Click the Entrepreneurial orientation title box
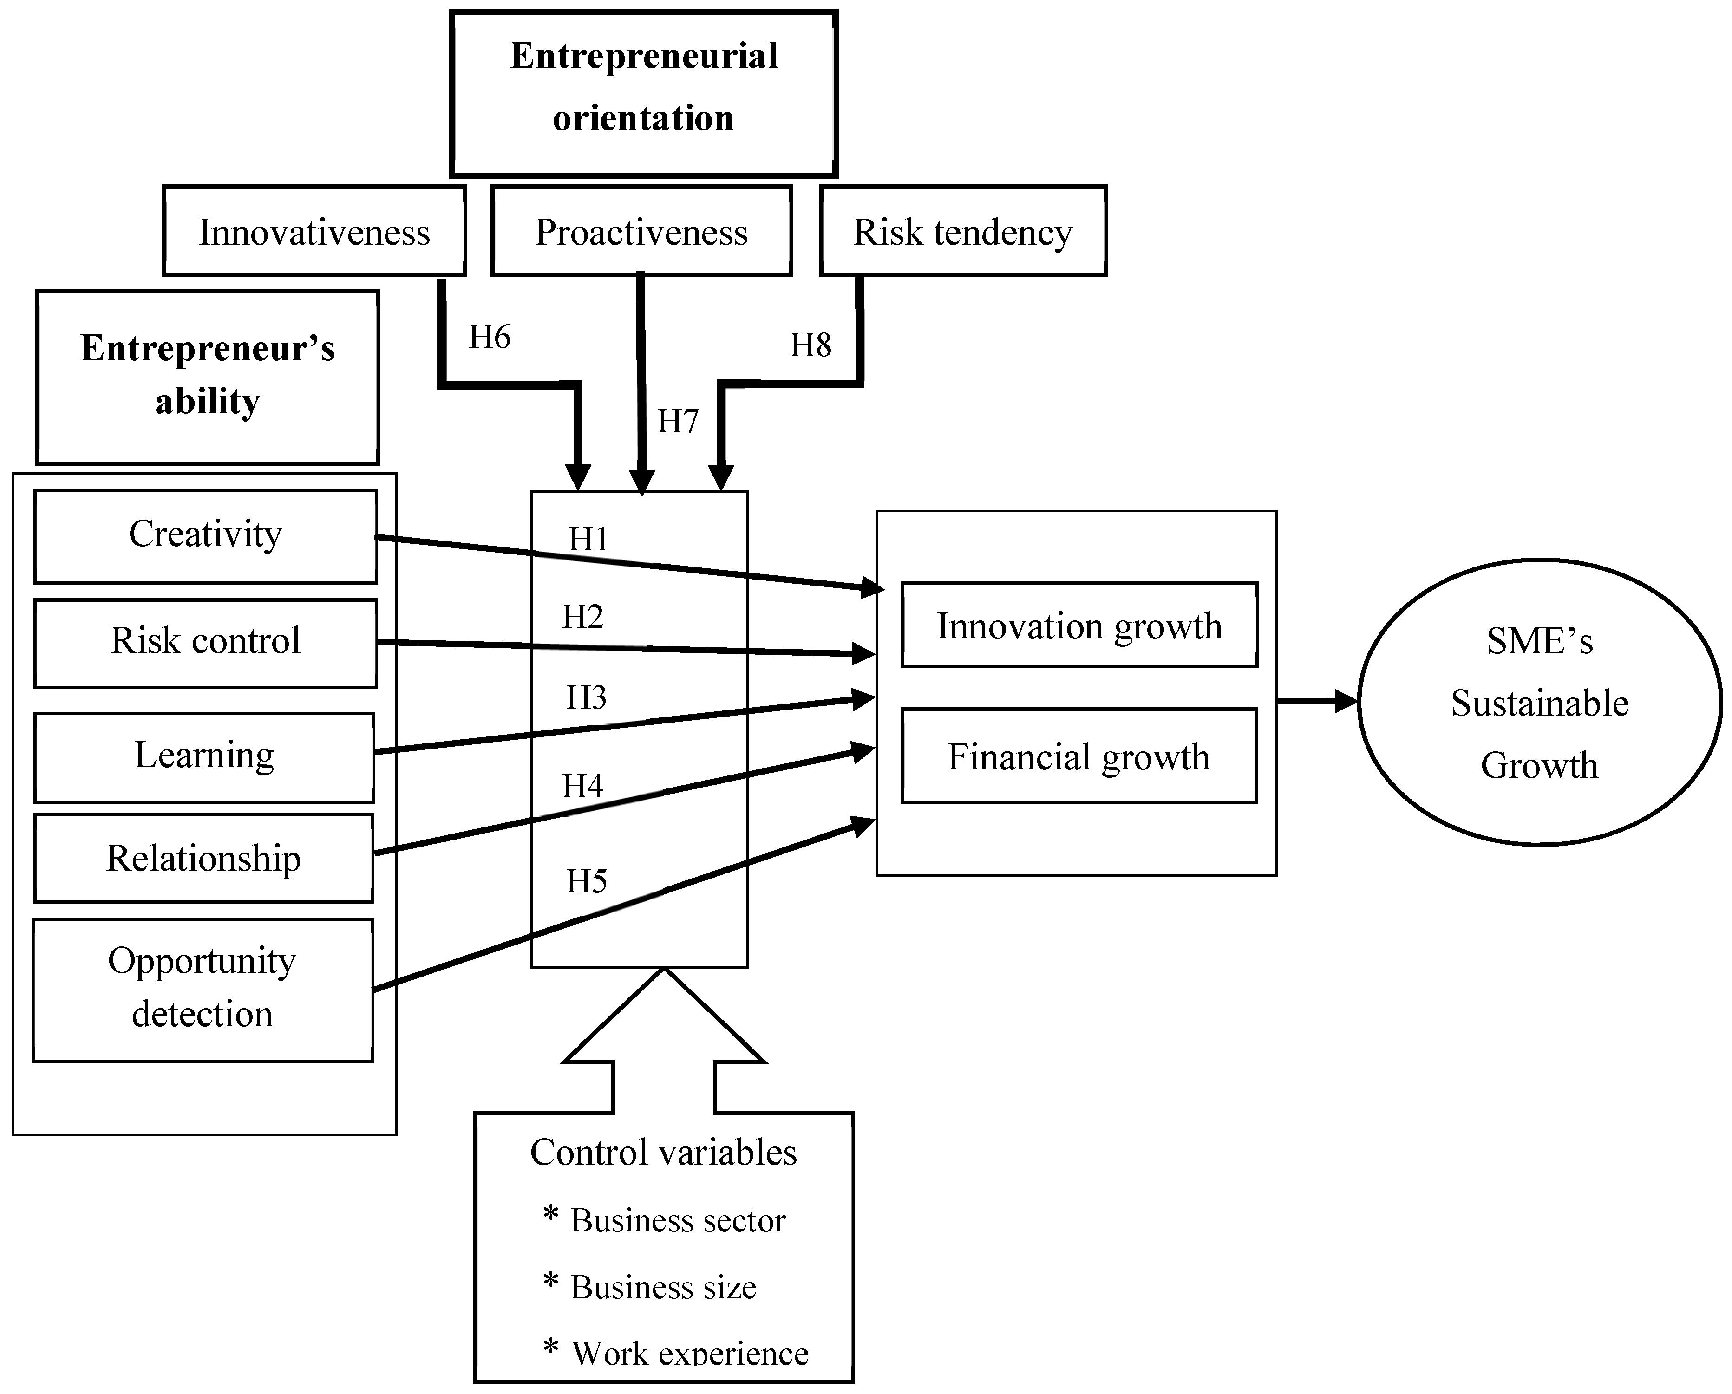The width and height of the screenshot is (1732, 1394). coord(643,93)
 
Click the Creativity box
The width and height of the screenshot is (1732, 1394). coord(206,535)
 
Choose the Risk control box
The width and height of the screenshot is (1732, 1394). coord(206,642)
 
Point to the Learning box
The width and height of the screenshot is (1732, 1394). coord(204,756)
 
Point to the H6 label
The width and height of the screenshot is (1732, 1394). coord(489,337)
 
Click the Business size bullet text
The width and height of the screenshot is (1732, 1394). coord(663,1287)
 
